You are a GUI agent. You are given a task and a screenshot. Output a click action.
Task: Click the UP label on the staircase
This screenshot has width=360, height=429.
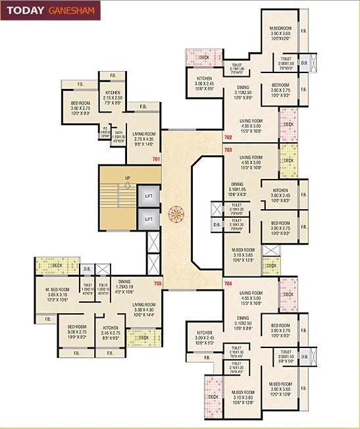coord(128,178)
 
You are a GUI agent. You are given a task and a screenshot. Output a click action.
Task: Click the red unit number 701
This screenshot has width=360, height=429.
coord(156,159)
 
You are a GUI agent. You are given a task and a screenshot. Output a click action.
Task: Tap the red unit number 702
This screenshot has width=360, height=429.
coord(228,137)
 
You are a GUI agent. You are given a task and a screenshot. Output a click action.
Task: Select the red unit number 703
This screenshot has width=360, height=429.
coord(228,150)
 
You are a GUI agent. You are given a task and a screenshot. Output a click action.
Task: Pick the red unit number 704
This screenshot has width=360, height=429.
coord(228,283)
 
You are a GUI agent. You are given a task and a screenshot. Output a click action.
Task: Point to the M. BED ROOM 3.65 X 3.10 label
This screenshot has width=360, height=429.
coord(57,293)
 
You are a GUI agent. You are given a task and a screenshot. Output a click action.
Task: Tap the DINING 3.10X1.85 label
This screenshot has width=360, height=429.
coord(238,189)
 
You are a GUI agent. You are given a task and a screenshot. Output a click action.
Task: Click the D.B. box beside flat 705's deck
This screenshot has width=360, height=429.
coord(87,268)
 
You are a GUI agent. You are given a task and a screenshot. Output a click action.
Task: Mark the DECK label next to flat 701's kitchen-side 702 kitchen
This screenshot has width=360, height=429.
coord(203,57)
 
